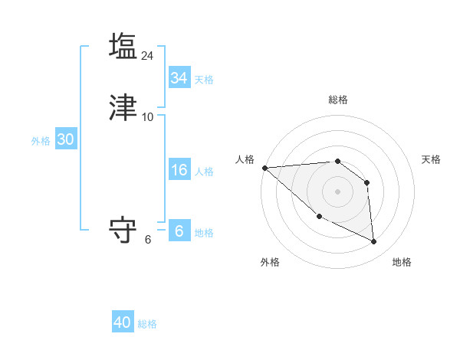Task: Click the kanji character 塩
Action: (x=123, y=45)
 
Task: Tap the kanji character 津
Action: (x=123, y=107)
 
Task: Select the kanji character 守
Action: (x=123, y=230)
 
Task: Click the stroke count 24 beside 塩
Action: (x=148, y=55)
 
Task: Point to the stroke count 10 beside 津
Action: (x=148, y=117)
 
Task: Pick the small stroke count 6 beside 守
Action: (x=148, y=240)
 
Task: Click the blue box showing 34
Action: (x=179, y=78)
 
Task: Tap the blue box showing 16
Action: (x=179, y=171)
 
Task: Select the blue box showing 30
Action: (x=65, y=139)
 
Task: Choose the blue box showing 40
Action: (x=123, y=322)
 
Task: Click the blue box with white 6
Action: (x=179, y=231)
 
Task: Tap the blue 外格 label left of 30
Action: (x=41, y=141)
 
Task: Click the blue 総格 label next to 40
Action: (x=147, y=324)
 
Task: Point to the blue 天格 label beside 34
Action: (x=204, y=80)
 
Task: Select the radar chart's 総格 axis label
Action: (x=338, y=100)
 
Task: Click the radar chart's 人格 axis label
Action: (x=245, y=159)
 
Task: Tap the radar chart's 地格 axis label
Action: (x=402, y=262)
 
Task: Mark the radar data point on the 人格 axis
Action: (x=264, y=168)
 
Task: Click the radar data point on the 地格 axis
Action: (x=374, y=242)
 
